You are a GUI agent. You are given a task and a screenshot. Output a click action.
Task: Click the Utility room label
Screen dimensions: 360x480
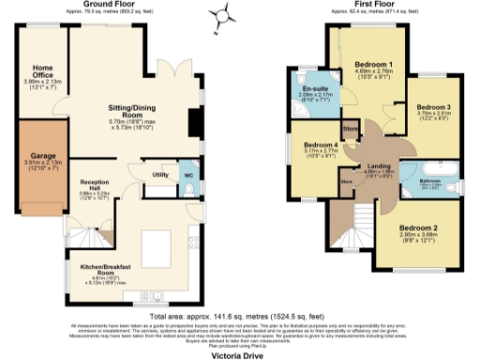159,175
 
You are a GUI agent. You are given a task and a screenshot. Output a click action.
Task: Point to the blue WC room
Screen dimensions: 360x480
187,178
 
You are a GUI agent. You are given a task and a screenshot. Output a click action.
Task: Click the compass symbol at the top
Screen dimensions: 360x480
221,12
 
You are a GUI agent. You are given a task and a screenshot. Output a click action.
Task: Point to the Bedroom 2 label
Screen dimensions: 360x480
419,228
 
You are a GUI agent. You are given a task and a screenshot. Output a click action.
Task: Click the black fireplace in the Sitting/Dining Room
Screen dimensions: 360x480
193,123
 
